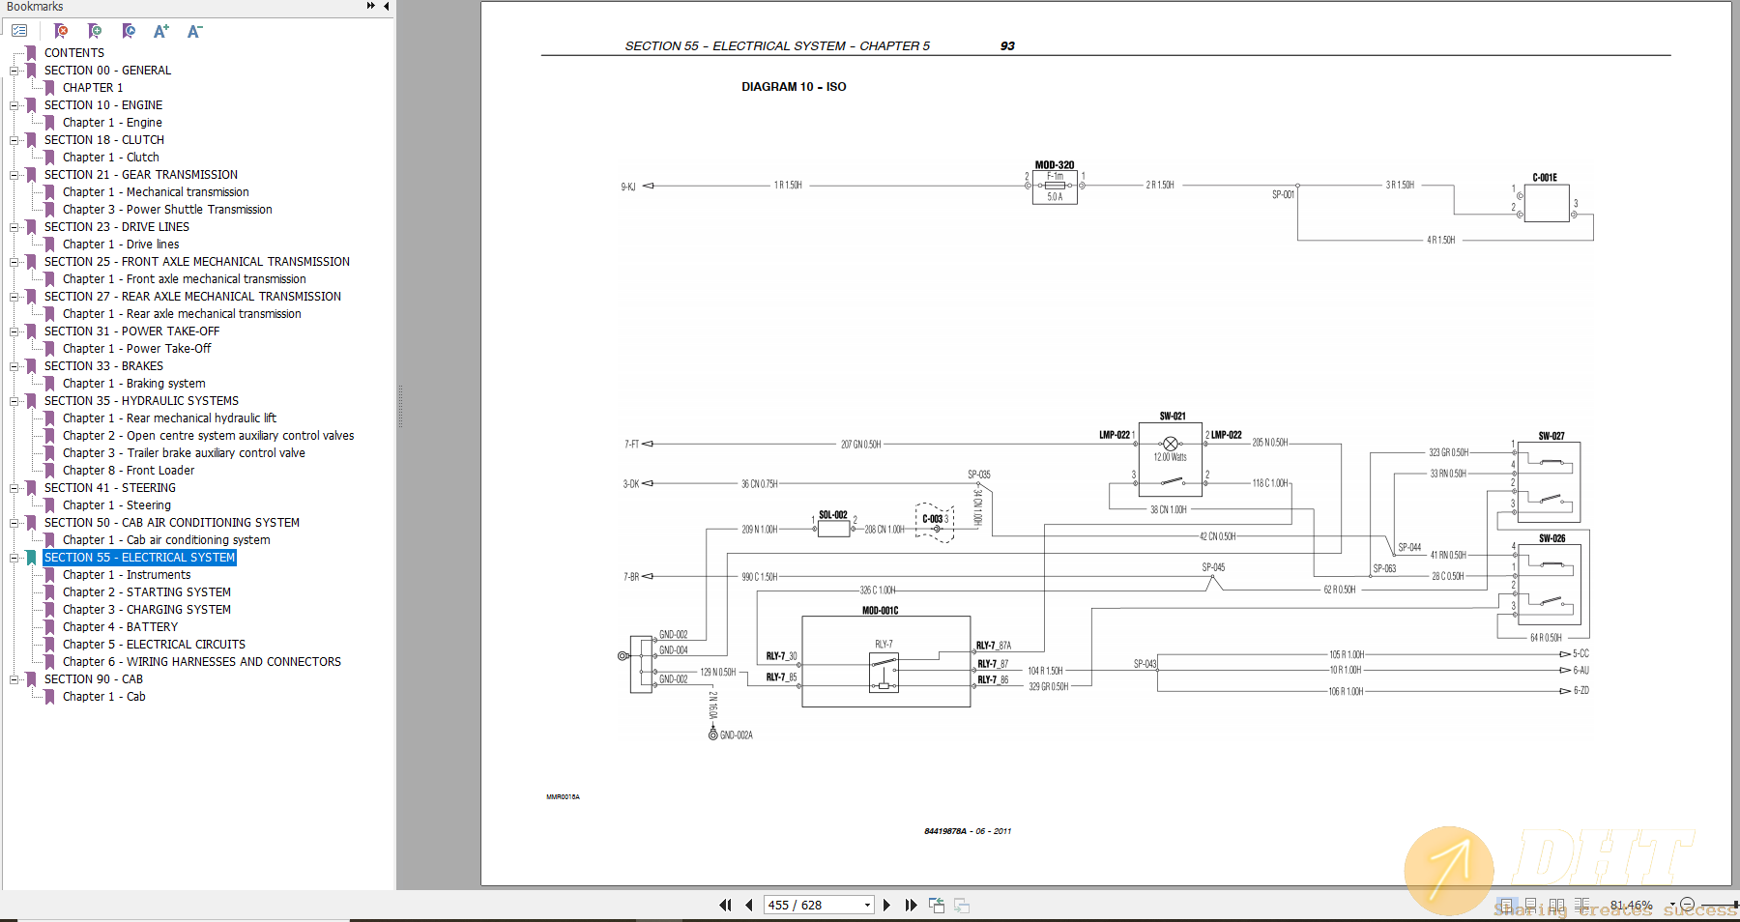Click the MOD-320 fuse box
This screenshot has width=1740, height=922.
coord(1055,187)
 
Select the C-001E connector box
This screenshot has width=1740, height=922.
coord(1546,203)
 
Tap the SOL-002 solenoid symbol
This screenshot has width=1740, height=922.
coord(833,528)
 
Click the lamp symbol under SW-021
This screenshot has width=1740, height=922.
coord(1171,444)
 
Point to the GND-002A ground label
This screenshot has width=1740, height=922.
coord(736,735)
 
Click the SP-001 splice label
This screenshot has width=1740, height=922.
coord(1283,194)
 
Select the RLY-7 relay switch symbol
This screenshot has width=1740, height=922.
coord(884,672)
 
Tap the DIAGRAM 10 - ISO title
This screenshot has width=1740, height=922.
coord(794,87)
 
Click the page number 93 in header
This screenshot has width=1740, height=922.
coord(1007,46)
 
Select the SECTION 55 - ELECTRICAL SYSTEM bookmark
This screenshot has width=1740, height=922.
coord(139,558)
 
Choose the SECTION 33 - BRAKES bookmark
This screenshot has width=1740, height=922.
coord(103,366)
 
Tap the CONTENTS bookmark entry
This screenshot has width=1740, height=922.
coord(73,53)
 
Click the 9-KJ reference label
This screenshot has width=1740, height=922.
coord(628,187)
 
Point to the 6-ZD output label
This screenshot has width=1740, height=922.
coord(1581,691)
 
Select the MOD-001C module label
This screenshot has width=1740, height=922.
coord(880,611)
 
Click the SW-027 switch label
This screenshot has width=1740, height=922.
coord(1551,436)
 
